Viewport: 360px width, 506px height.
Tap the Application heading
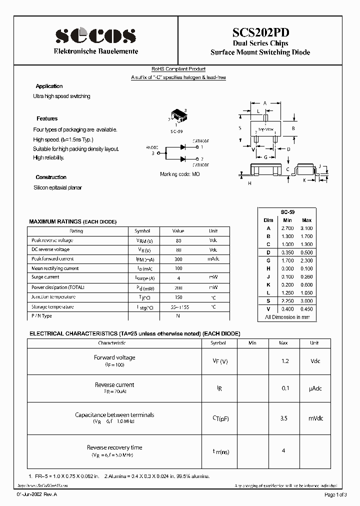pyautogui.click(x=49, y=86)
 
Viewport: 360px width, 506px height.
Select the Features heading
pyautogui.click(x=47, y=119)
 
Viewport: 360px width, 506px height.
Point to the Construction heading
pyautogui.click(x=51, y=177)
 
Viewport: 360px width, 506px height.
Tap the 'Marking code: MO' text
pyautogui.click(x=179, y=173)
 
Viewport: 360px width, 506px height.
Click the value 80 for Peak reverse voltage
pyautogui.click(x=178, y=240)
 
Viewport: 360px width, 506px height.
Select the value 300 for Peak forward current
pyautogui.click(x=178, y=259)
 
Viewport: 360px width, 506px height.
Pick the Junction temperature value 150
pyautogui.click(x=178, y=297)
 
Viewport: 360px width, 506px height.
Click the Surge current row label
pyautogui.click(x=45, y=277)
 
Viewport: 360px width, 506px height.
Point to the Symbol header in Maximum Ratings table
pyautogui.click(x=142, y=231)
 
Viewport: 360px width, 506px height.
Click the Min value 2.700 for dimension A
pyautogui.click(x=287, y=228)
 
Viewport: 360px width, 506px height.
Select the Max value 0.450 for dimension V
pyautogui.click(x=306, y=309)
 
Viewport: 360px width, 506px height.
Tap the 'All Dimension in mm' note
pyautogui.click(x=287, y=317)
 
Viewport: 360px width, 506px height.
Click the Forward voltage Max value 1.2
pyautogui.click(x=283, y=360)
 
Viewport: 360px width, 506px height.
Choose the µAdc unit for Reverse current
pyautogui.click(x=314, y=388)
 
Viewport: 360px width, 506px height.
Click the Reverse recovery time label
pyautogui.click(x=114, y=447)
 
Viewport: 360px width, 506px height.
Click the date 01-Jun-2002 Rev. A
pyautogui.click(x=37, y=494)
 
